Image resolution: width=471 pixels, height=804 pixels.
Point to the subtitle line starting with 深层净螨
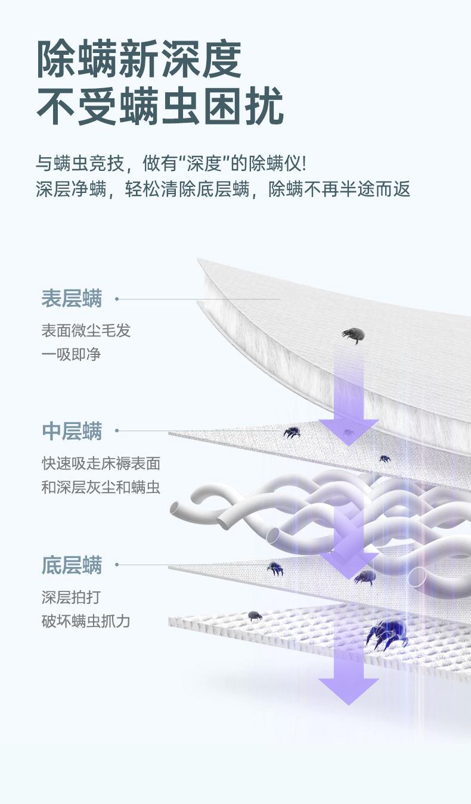pyautogui.click(x=223, y=190)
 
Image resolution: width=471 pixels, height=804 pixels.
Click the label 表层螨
pyautogui.click(x=72, y=298)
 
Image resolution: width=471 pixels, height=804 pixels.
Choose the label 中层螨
pyautogui.click(x=72, y=431)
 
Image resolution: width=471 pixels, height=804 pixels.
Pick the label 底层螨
pyautogui.click(x=72, y=565)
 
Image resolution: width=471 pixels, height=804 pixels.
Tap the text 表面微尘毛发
pyautogui.click(x=86, y=331)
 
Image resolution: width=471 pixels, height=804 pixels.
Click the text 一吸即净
pyautogui.click(x=71, y=355)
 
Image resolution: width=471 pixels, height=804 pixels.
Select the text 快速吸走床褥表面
pyautogui.click(x=101, y=463)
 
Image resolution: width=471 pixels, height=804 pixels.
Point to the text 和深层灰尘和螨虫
pyautogui.click(x=101, y=488)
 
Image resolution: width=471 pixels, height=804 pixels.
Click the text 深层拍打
pyautogui.click(x=71, y=597)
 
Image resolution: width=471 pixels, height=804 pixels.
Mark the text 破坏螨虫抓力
pyautogui.click(x=86, y=622)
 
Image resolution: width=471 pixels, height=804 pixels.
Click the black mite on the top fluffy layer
pyautogui.click(x=353, y=335)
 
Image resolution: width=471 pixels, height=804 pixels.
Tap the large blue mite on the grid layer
pyautogui.click(x=388, y=633)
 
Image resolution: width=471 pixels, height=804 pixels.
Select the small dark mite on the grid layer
pyautogui.click(x=255, y=615)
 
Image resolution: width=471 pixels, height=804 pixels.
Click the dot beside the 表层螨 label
pyautogui.click(x=117, y=299)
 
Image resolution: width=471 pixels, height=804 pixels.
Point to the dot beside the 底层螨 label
pyautogui.click(x=117, y=565)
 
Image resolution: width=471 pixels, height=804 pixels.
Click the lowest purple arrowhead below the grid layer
pyautogui.click(x=348, y=691)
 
